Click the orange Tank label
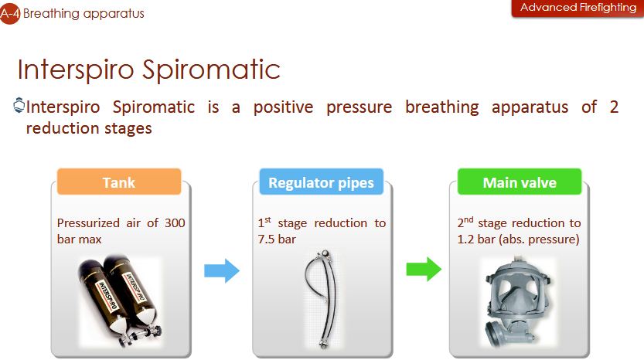point(119,182)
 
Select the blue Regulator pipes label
point(321,182)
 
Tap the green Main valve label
point(520,182)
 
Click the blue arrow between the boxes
point(222,271)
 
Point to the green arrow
point(424,270)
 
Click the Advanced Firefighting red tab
point(578,8)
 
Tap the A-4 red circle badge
point(9,14)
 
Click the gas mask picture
point(517,303)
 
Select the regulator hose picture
point(322,299)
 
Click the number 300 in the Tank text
point(175,223)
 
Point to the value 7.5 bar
point(277,239)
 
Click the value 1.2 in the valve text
point(465,239)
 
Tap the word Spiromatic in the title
point(211,69)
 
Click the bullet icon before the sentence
point(19,105)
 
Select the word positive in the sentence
point(284,107)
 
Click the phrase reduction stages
point(89,128)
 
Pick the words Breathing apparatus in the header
point(83,14)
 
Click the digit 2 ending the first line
point(614,107)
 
